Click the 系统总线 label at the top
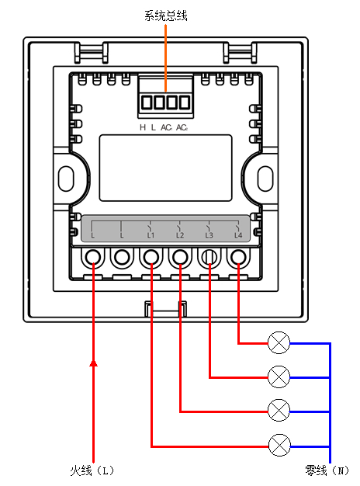166,16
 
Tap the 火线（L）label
92,470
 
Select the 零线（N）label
327,470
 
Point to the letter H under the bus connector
143,127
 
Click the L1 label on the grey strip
151,235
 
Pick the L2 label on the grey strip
180,235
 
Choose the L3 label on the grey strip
209,235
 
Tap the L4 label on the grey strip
238,235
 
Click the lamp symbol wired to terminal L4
279,343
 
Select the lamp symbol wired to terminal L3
279,377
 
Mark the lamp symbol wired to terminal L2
279,411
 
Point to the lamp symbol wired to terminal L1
279,446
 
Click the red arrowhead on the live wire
93,363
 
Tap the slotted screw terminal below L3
209,257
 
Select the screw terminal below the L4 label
238,257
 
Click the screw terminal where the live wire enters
93,257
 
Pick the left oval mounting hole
66,179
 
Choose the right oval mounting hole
265,179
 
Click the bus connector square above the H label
147,102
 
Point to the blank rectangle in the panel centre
165,168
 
